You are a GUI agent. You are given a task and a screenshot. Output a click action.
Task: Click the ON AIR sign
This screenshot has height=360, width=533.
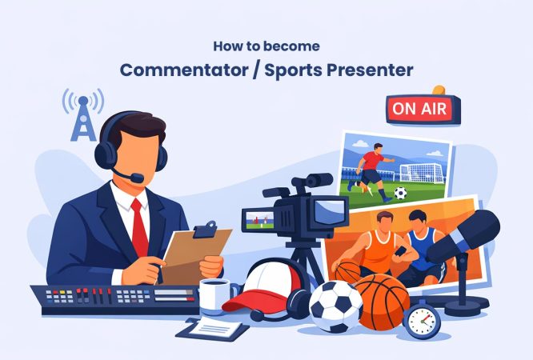[419, 108]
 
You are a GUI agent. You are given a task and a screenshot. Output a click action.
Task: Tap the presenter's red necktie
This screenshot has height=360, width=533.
[140, 228]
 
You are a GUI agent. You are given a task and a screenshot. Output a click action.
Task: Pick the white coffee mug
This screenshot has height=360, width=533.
[213, 295]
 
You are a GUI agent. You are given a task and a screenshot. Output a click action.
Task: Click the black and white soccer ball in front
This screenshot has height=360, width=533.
[336, 306]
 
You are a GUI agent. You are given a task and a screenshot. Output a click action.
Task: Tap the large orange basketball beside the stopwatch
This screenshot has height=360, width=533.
[382, 301]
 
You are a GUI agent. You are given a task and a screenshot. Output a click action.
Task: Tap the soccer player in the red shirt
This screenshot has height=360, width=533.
[371, 167]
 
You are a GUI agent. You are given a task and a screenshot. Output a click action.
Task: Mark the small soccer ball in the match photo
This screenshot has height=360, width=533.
[401, 193]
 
